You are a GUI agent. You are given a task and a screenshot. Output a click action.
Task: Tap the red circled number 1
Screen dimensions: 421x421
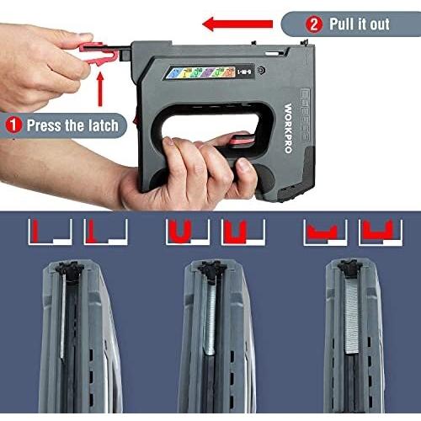[13, 125]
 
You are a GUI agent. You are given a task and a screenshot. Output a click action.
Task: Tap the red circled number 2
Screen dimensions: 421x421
[315, 23]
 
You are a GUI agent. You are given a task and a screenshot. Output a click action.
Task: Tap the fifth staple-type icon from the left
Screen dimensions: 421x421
[318, 230]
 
